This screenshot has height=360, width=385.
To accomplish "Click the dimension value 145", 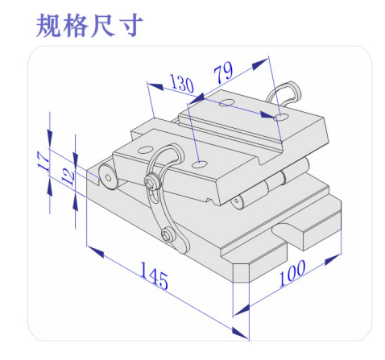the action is [x=154, y=275].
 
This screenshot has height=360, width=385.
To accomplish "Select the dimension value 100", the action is [x=292, y=273].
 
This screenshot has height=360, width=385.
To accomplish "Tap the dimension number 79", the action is [x=223, y=72].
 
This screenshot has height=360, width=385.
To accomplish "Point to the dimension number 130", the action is [x=182, y=84].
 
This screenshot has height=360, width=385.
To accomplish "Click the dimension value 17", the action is [x=43, y=161].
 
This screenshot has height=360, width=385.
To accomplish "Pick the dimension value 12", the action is [x=68, y=176].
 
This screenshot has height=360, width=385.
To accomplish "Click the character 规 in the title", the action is [x=48, y=25].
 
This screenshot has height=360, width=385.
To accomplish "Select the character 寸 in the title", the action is [x=130, y=25].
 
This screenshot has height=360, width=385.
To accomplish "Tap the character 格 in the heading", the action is [x=76, y=25].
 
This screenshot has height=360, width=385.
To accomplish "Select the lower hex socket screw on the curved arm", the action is [x=168, y=234].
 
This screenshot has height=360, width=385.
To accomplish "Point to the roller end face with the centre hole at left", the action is [x=108, y=177].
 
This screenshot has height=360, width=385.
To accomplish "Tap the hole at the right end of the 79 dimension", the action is [x=281, y=117].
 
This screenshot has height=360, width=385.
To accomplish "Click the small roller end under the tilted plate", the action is [x=236, y=201].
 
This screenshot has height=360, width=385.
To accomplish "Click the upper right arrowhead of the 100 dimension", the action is [x=333, y=259].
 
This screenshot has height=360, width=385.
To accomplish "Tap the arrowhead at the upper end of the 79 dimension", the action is [x=260, y=64].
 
